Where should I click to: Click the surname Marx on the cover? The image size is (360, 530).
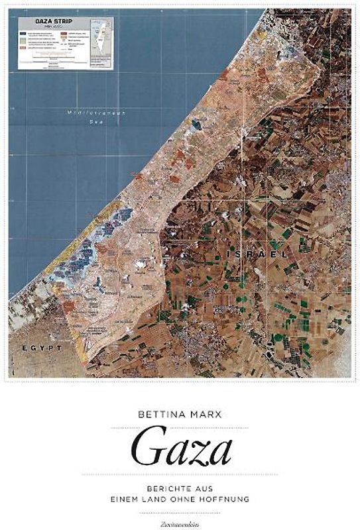click(x=207, y=417)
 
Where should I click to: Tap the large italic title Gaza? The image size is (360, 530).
click(x=180, y=450)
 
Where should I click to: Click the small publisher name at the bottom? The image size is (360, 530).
click(x=180, y=522)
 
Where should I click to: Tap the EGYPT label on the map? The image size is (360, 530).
click(x=42, y=347)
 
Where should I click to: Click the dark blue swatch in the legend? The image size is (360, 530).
click(x=23, y=33)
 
